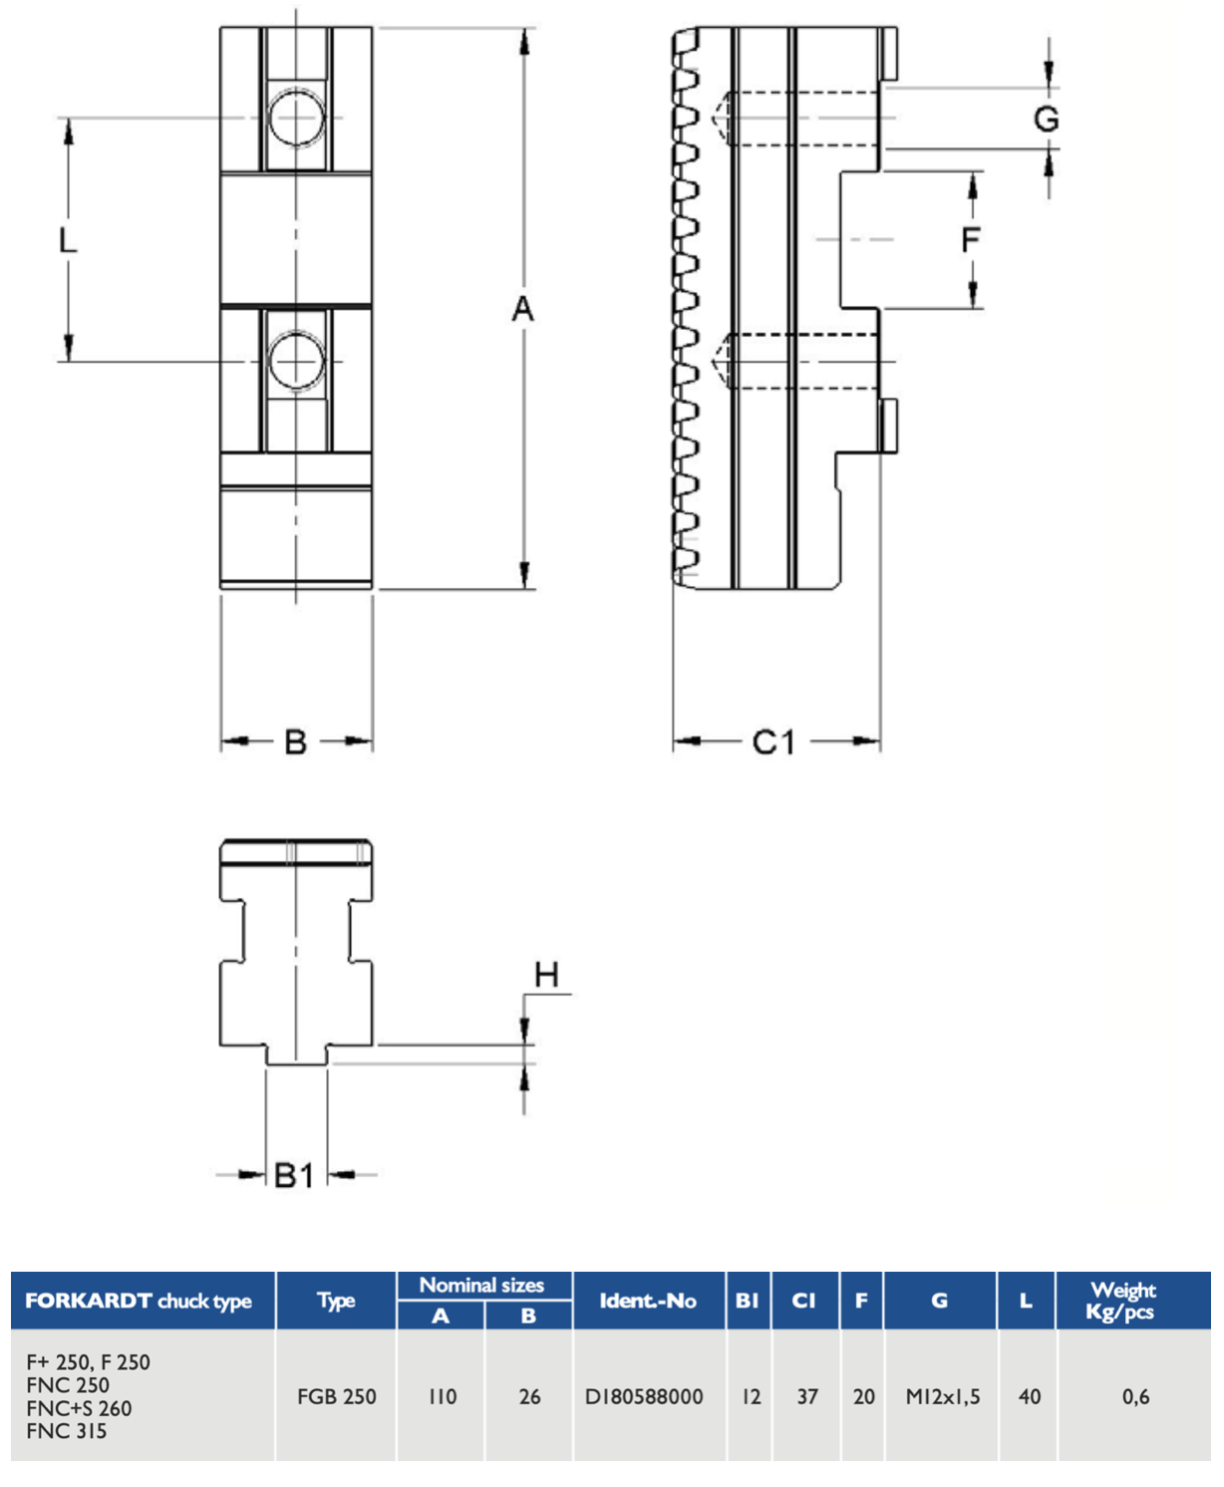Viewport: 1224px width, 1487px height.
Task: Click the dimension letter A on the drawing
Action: [x=522, y=309]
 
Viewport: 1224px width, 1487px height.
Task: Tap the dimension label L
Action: [x=68, y=240]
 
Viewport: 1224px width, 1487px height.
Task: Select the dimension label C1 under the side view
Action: [x=773, y=743]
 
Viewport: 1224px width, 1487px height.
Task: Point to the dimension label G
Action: [x=1047, y=119]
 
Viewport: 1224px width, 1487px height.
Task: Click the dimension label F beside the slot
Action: [x=971, y=240]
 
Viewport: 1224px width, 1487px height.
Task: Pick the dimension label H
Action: [x=546, y=975]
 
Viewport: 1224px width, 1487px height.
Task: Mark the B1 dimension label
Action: [x=293, y=1175]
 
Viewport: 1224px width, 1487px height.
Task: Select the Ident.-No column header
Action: [x=648, y=1301]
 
